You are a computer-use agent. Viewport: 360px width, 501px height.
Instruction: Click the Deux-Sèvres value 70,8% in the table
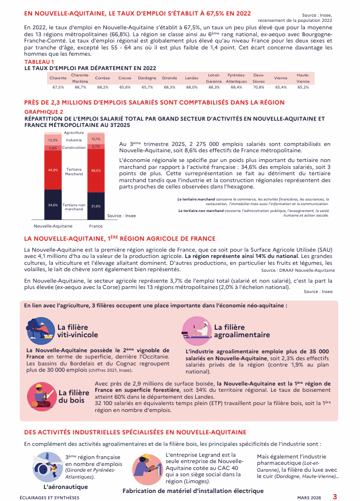coord(258,87)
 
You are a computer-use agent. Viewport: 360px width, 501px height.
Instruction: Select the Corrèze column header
coord(103,78)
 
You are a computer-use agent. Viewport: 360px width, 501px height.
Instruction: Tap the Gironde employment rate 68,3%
coord(169,87)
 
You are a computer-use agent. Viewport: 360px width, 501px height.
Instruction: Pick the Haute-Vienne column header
coord(303,78)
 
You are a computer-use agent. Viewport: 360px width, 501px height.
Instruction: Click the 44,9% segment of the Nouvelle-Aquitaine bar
coord(53,170)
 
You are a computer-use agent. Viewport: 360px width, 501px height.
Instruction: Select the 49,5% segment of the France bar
coord(96,171)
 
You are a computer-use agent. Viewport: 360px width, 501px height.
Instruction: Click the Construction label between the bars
coord(74,148)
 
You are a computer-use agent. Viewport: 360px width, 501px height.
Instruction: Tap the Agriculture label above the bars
coord(74,133)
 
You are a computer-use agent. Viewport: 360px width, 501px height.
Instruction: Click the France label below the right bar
coord(96,226)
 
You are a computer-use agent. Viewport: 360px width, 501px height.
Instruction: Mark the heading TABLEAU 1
coord(40,61)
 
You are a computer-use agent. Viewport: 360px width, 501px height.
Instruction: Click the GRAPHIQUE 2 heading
coord(44,111)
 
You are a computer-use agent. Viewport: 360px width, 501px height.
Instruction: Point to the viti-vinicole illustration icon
coord(40,331)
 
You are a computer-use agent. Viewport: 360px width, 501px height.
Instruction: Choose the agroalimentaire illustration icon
coord(196,330)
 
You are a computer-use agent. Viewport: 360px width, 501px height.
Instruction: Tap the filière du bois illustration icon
coord(41,395)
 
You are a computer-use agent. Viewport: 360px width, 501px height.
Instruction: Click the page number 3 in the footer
coord(335,496)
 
